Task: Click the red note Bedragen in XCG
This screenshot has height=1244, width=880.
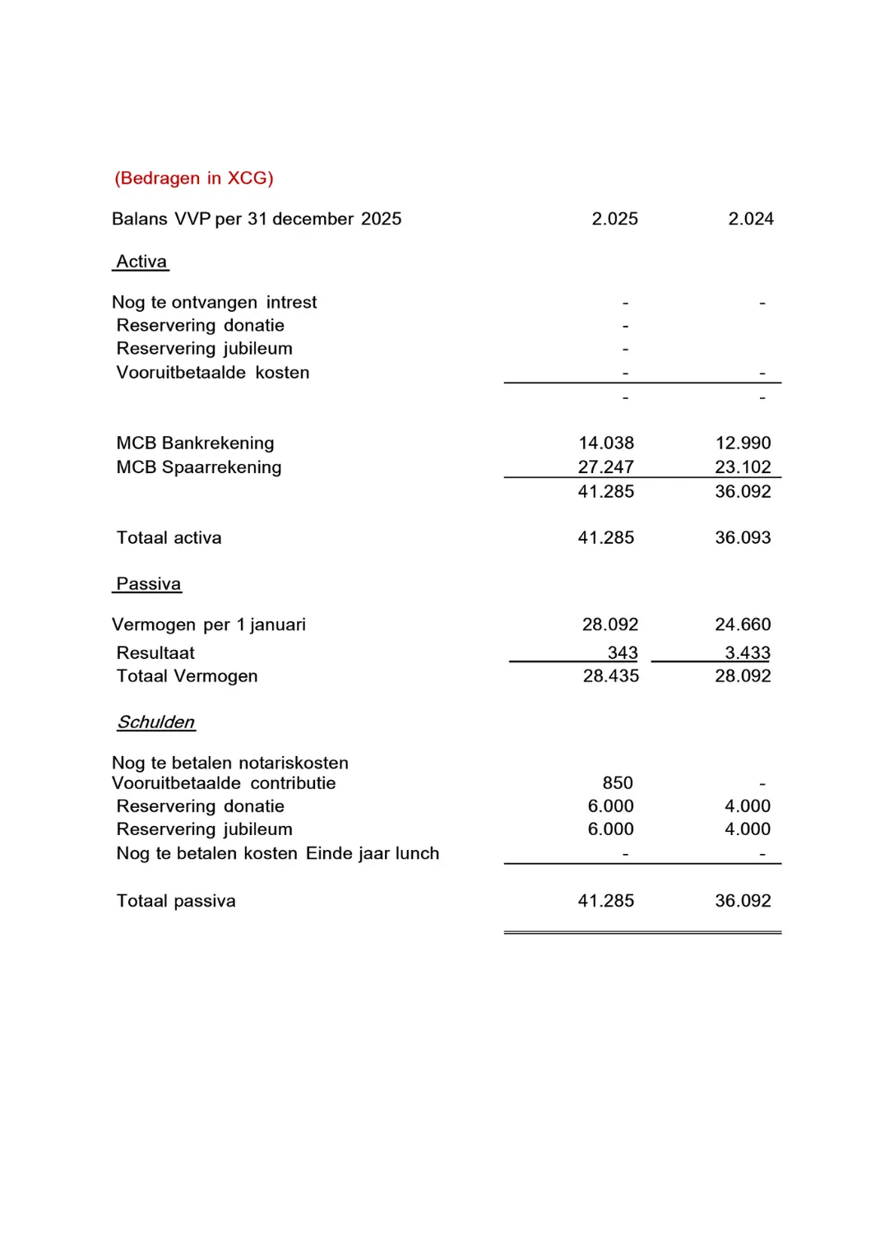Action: point(194,179)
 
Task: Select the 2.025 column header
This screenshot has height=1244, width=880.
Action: point(614,219)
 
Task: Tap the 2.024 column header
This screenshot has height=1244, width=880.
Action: point(751,219)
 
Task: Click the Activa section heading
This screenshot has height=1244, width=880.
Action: point(141,262)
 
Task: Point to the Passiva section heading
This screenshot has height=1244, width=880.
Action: point(148,584)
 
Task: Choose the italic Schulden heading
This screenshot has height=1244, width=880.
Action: point(156,722)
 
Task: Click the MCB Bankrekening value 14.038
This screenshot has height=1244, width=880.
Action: point(606,443)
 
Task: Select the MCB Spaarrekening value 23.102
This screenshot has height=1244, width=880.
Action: point(743,467)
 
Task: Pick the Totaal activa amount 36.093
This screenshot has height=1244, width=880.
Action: point(743,538)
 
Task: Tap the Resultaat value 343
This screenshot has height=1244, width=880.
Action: point(623,653)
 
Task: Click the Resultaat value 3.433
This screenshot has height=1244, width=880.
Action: point(747,653)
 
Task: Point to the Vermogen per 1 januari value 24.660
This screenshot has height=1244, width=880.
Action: point(743,624)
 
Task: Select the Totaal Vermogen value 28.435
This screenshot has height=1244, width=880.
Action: point(610,676)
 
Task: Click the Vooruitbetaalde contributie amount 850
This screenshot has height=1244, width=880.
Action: point(618,783)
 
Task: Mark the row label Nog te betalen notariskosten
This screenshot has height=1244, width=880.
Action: point(230,764)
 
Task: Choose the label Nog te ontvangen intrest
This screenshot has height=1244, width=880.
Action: point(214,303)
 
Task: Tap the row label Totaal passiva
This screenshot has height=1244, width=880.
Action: point(176,901)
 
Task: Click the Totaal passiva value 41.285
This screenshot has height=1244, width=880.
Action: point(606,901)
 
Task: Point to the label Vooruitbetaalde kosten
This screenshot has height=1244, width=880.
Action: point(213,373)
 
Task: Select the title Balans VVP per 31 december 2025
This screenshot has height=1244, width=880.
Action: point(257,219)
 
